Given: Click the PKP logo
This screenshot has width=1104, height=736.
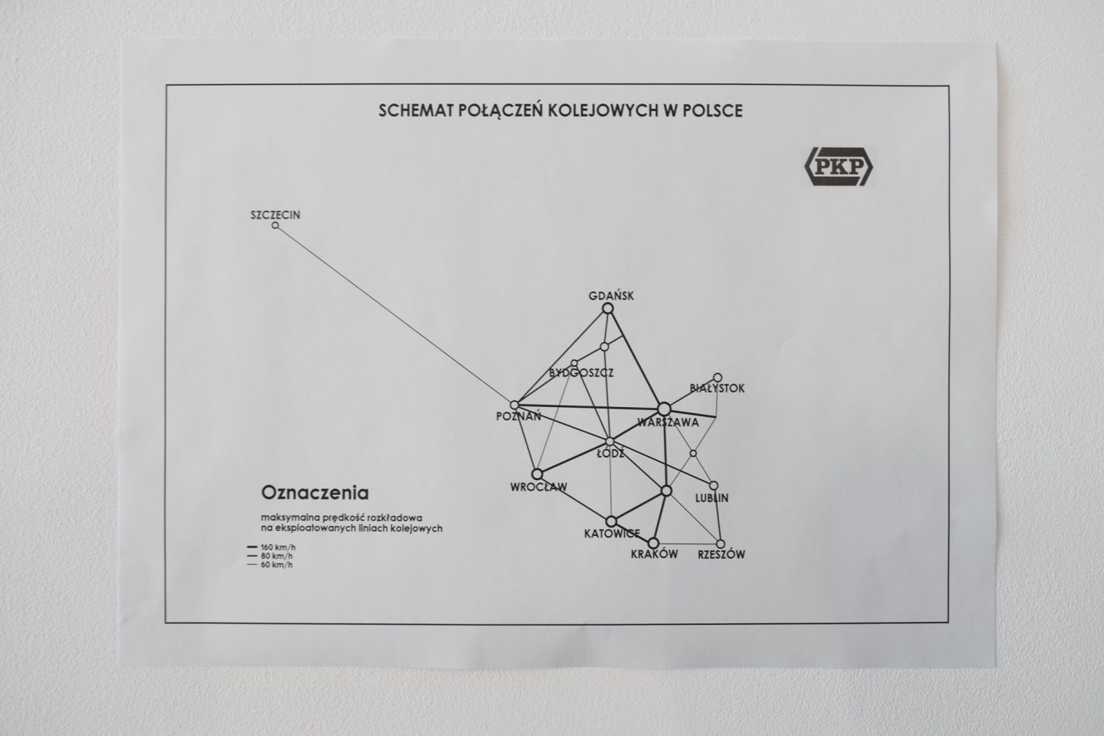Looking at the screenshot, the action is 839,166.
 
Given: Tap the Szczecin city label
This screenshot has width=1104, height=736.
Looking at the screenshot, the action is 275,215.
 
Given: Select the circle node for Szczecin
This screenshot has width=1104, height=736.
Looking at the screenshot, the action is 275,225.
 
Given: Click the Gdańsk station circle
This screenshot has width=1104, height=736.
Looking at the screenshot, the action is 608,309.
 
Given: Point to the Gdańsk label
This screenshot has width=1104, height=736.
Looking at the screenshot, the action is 611,296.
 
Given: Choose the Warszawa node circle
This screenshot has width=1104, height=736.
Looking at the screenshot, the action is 664,409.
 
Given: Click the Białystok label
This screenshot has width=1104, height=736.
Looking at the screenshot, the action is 717,389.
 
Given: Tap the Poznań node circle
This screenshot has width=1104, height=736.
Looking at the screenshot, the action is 514,406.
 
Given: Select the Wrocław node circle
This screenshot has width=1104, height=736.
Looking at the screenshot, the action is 537,475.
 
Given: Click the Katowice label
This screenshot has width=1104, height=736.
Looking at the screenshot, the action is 612,534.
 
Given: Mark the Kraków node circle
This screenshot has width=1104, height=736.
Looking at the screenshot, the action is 653,544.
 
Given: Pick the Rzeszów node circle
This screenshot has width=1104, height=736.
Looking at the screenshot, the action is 721,544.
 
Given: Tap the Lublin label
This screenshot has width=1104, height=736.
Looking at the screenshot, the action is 711,498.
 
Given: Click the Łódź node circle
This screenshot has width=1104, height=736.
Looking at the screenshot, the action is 609,441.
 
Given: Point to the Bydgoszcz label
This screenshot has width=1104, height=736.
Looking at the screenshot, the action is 581,373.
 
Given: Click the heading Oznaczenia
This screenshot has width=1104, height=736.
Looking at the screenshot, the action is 315,492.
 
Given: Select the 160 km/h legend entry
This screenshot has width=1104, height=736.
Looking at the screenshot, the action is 271,547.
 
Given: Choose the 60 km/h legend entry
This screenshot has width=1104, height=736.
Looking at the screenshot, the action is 270,565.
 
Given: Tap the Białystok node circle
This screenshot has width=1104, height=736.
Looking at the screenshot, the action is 718,378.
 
